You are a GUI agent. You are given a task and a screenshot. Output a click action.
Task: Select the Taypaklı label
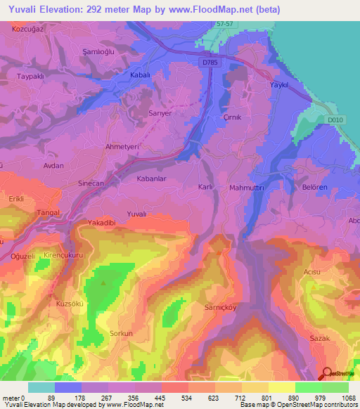(31, 76)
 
